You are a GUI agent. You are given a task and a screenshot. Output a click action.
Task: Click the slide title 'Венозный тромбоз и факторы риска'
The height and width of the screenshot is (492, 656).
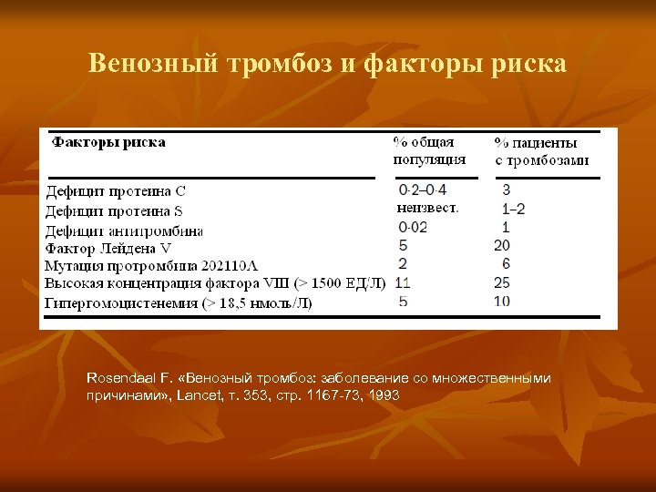327,64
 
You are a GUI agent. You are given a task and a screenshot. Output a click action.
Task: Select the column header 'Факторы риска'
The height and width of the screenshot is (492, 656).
108,142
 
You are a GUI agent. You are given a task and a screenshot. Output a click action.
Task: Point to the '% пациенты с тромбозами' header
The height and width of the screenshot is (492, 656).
541,151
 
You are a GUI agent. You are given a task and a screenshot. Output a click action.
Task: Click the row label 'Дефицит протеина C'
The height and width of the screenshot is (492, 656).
116,191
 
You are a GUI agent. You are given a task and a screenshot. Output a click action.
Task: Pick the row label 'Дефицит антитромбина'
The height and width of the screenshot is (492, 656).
124,230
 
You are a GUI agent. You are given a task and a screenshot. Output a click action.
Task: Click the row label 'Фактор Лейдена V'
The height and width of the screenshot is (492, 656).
108,248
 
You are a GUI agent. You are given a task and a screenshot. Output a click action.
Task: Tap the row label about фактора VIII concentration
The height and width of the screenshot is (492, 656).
215,284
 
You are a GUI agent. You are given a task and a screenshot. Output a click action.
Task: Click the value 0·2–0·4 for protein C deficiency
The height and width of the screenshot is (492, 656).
423,190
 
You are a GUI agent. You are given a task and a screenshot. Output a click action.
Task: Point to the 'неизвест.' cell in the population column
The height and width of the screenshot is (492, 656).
428,209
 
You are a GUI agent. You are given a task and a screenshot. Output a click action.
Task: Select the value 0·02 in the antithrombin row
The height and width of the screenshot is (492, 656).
413,227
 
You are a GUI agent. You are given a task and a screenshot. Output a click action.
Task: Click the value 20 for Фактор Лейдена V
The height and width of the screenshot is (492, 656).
502,246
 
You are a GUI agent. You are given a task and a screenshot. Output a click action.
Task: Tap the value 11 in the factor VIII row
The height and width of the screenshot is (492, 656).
404,282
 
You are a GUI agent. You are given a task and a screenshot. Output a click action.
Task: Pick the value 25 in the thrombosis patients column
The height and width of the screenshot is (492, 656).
502,282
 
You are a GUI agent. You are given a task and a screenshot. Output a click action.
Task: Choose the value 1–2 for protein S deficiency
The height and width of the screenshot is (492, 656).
513,209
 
